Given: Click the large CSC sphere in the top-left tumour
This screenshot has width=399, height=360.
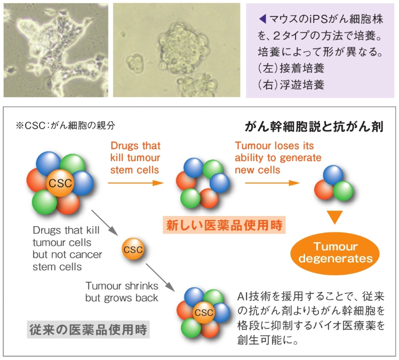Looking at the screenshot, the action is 60,183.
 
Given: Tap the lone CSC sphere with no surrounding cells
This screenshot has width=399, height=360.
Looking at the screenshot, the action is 133,249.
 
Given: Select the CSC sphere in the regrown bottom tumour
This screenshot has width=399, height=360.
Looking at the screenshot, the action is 204,312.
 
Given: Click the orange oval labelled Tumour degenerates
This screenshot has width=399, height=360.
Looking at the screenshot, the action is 335,253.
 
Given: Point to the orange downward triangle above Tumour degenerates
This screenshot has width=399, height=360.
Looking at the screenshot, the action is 335,217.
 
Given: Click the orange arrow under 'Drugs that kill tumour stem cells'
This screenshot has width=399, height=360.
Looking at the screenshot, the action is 135,183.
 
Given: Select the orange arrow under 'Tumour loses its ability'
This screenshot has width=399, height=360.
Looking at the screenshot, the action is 272,183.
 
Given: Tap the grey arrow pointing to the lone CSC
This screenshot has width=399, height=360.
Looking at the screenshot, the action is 105,222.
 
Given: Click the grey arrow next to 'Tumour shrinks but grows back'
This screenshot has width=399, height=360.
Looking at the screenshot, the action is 160,277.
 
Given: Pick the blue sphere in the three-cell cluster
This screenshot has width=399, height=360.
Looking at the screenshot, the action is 333,175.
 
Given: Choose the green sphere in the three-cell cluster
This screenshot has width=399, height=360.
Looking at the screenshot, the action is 343,191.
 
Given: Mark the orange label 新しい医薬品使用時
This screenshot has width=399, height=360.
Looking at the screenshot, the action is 224,225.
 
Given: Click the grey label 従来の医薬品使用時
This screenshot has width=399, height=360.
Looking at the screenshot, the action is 89,330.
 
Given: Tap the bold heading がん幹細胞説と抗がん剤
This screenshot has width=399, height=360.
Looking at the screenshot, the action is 314,126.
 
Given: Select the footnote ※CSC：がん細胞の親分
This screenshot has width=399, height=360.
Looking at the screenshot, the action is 66,125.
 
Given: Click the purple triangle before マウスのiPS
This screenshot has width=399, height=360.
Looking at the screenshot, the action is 262,19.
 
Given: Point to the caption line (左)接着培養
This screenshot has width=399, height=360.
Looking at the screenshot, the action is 291,68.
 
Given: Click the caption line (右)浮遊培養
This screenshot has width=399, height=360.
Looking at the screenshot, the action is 291,85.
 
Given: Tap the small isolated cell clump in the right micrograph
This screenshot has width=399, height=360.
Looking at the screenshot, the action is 135,62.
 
